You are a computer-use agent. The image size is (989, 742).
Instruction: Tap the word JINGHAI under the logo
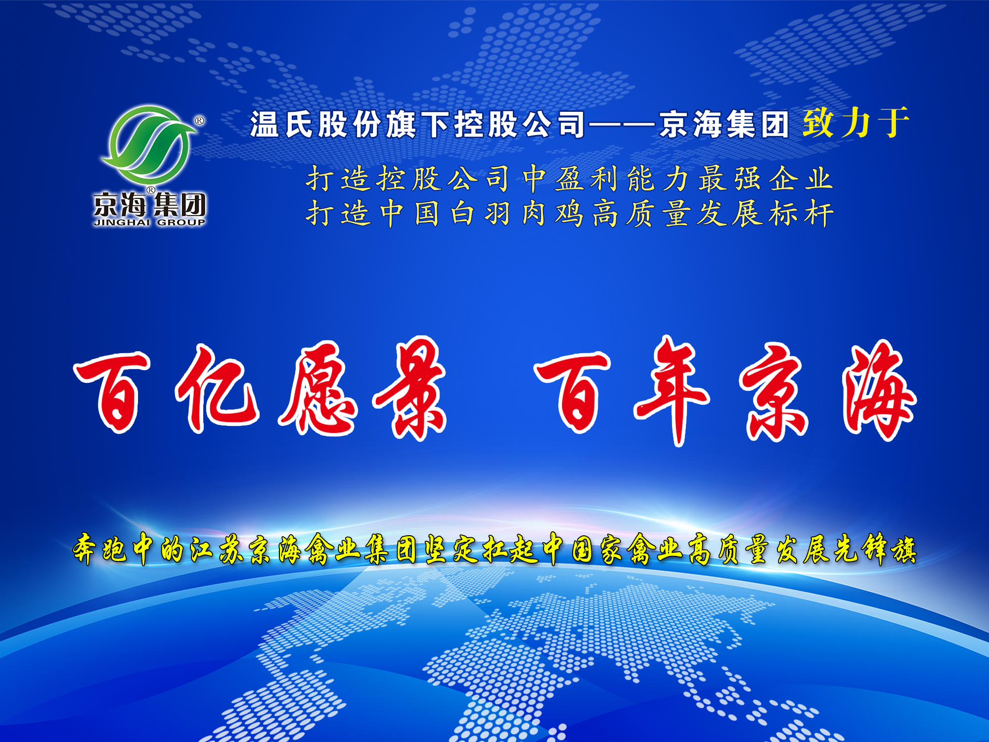(x=122, y=223)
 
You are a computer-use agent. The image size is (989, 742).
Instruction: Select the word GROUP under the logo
(x=181, y=223)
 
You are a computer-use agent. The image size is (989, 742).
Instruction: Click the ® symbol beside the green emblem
(x=200, y=120)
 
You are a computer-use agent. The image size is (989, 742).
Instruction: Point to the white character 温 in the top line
(x=264, y=124)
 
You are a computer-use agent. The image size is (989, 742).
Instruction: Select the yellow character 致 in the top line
(x=818, y=123)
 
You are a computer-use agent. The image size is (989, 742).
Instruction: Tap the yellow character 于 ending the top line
(x=893, y=123)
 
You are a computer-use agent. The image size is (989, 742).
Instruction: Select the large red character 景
(x=410, y=388)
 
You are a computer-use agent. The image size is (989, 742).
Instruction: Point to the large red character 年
(x=673, y=391)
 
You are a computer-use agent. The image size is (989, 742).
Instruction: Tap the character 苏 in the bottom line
(x=231, y=549)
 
